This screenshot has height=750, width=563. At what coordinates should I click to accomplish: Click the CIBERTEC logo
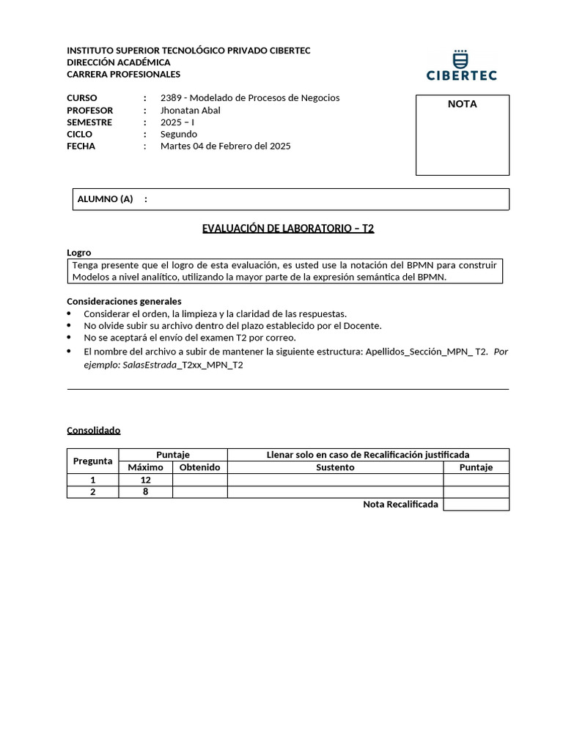pos(461,65)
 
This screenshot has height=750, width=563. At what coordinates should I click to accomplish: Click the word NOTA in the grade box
pos(462,104)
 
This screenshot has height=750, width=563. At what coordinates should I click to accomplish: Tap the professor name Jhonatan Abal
pos(190,111)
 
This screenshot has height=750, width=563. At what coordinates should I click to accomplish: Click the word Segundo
pos(179,134)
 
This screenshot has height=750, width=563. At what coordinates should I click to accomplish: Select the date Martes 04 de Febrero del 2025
pos(225,146)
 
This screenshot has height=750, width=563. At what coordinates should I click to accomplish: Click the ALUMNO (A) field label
pos(105,199)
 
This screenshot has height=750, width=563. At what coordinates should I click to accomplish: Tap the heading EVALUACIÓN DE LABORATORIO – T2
pos(288,229)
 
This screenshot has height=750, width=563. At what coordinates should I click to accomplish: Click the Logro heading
pos(79,253)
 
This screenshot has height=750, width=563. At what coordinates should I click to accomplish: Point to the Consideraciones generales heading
pos(124,301)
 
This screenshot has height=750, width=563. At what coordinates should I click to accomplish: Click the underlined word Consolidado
pos(93,431)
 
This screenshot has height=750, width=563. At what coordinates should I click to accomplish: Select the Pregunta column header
pos(93,461)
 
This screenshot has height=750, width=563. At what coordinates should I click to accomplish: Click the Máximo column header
pos(145,467)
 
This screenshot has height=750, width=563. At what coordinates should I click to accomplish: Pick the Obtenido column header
pos(199,467)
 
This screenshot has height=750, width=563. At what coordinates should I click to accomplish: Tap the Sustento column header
pos(335,467)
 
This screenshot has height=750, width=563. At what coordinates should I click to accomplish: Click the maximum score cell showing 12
pos(145,480)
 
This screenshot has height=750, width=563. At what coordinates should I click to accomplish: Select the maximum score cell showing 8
pos(145,492)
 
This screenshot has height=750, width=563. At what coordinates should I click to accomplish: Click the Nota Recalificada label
pos(400,505)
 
